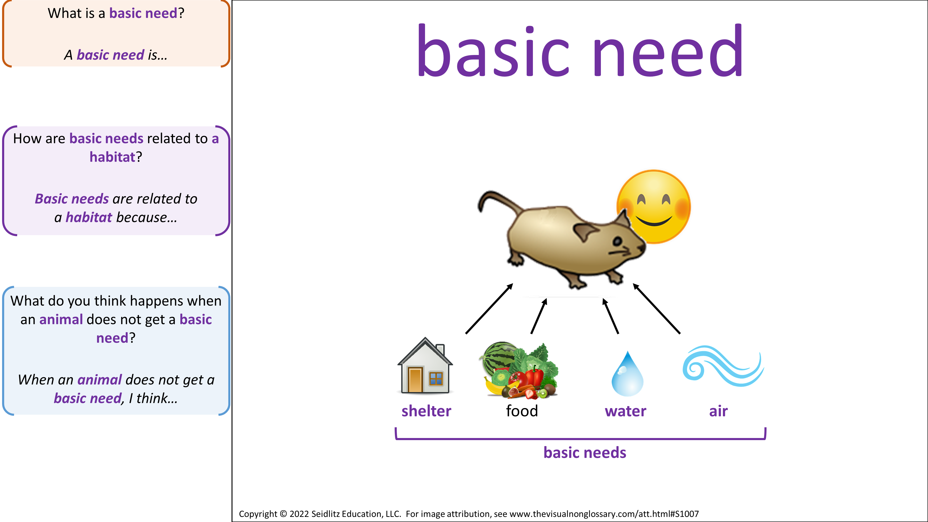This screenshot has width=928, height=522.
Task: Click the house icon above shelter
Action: click(425, 365)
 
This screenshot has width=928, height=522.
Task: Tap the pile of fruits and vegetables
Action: click(519, 370)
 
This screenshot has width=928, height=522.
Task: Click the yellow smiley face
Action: click(654, 207)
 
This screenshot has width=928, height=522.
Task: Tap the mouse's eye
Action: click(617, 241)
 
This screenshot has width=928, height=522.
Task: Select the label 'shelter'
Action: click(426, 411)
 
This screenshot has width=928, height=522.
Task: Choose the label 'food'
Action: click(522, 411)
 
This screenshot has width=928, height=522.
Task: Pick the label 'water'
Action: click(625, 411)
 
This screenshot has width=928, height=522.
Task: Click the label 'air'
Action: click(718, 411)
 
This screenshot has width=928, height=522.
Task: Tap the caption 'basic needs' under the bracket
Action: click(585, 452)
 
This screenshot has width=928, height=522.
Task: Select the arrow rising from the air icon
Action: click(656, 308)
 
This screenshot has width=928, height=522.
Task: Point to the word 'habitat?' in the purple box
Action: click(116, 157)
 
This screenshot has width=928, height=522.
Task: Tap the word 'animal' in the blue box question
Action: click(61, 319)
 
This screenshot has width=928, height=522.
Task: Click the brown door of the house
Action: click(415, 380)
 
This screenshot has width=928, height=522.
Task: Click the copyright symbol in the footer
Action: click(284, 514)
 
